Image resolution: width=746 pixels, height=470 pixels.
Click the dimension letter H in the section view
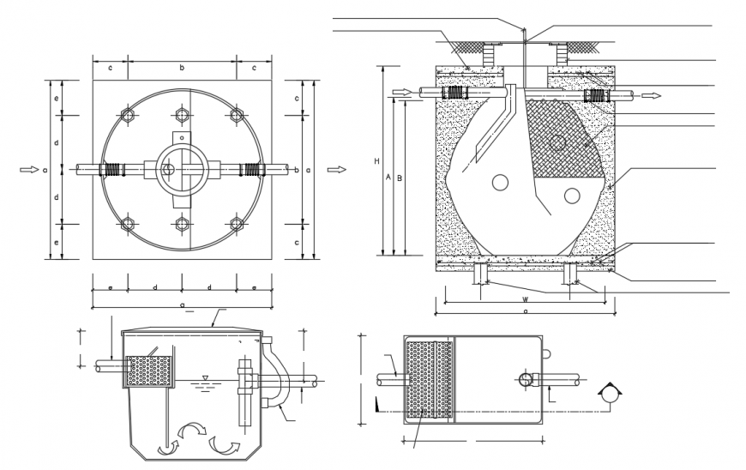click(x=377, y=161)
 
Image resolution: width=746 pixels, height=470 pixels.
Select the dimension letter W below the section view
click(x=524, y=300)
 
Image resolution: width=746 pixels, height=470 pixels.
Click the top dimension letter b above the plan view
click(x=182, y=66)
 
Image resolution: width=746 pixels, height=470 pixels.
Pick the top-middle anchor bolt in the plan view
click(x=182, y=115)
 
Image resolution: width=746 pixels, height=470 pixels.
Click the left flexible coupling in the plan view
click(x=111, y=170)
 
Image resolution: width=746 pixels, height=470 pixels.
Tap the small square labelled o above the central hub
click(x=182, y=137)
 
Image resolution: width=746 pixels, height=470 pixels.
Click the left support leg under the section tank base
click(x=481, y=273)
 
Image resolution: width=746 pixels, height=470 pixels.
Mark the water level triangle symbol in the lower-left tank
click(x=203, y=377)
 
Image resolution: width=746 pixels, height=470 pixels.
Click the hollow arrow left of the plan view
click(x=28, y=170)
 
